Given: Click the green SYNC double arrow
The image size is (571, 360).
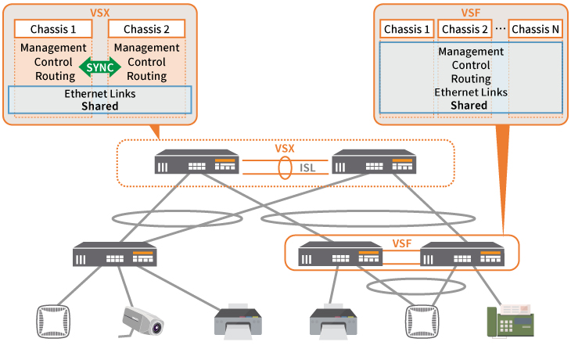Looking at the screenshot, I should tap(99, 68).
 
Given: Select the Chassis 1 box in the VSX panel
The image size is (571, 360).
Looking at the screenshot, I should tap(53, 29).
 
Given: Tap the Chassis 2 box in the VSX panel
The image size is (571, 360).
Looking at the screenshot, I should tap(146, 29).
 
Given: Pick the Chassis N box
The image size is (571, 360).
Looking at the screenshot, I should tap(535, 30).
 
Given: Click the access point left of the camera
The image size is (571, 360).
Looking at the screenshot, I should tap(54, 321).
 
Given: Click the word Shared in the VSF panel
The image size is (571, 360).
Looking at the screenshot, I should tap(469, 105).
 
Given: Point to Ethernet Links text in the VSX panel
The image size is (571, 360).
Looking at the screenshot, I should tap(99, 93).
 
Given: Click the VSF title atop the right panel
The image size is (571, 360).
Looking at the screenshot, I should tap(469, 13).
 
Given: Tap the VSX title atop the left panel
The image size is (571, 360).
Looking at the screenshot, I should tap(99, 13).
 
